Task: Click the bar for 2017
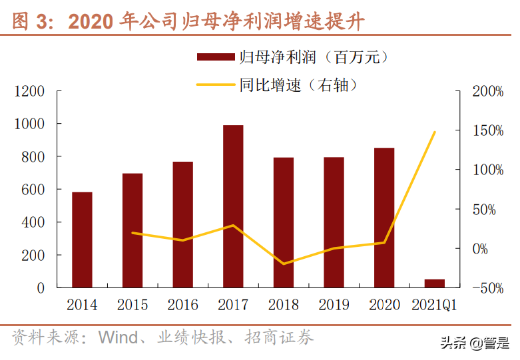click(x=233, y=206)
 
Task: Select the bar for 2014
click(x=82, y=240)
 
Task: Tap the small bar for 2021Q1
click(x=434, y=283)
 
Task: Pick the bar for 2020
click(x=384, y=218)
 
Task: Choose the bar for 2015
click(x=132, y=230)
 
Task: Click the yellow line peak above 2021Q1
click(x=434, y=132)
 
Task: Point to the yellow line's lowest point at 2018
click(x=284, y=264)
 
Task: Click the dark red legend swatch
click(x=217, y=57)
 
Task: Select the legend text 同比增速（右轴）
click(x=300, y=85)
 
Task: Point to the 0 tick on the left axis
click(x=41, y=288)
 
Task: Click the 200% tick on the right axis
click(x=489, y=91)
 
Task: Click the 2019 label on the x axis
click(x=334, y=305)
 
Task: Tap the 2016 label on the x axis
click(x=182, y=305)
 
